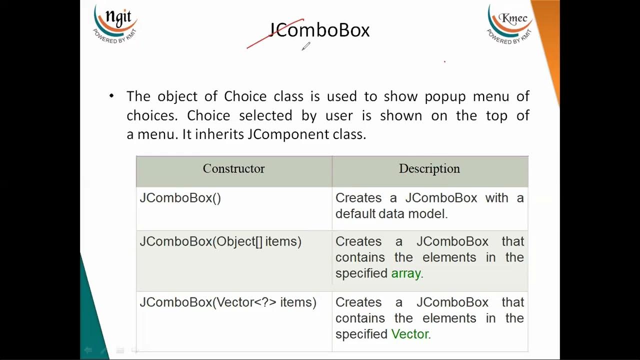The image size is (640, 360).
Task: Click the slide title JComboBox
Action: pos(319,30)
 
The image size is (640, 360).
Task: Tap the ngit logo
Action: pos(115,23)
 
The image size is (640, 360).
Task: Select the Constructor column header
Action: pos(233,169)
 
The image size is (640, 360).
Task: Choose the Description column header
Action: pos(429,169)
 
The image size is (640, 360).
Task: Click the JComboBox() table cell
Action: pos(180,198)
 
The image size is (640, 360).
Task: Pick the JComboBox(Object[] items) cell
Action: pos(220,241)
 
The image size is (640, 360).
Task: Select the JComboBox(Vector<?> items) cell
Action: pos(228,302)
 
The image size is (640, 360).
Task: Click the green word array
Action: pos(405,273)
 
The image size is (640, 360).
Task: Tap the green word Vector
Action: pos(409,334)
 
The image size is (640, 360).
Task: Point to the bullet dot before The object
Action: pos(111,95)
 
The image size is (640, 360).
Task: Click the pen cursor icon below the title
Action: pos(305,46)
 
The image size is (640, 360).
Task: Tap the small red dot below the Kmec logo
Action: pos(444,62)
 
